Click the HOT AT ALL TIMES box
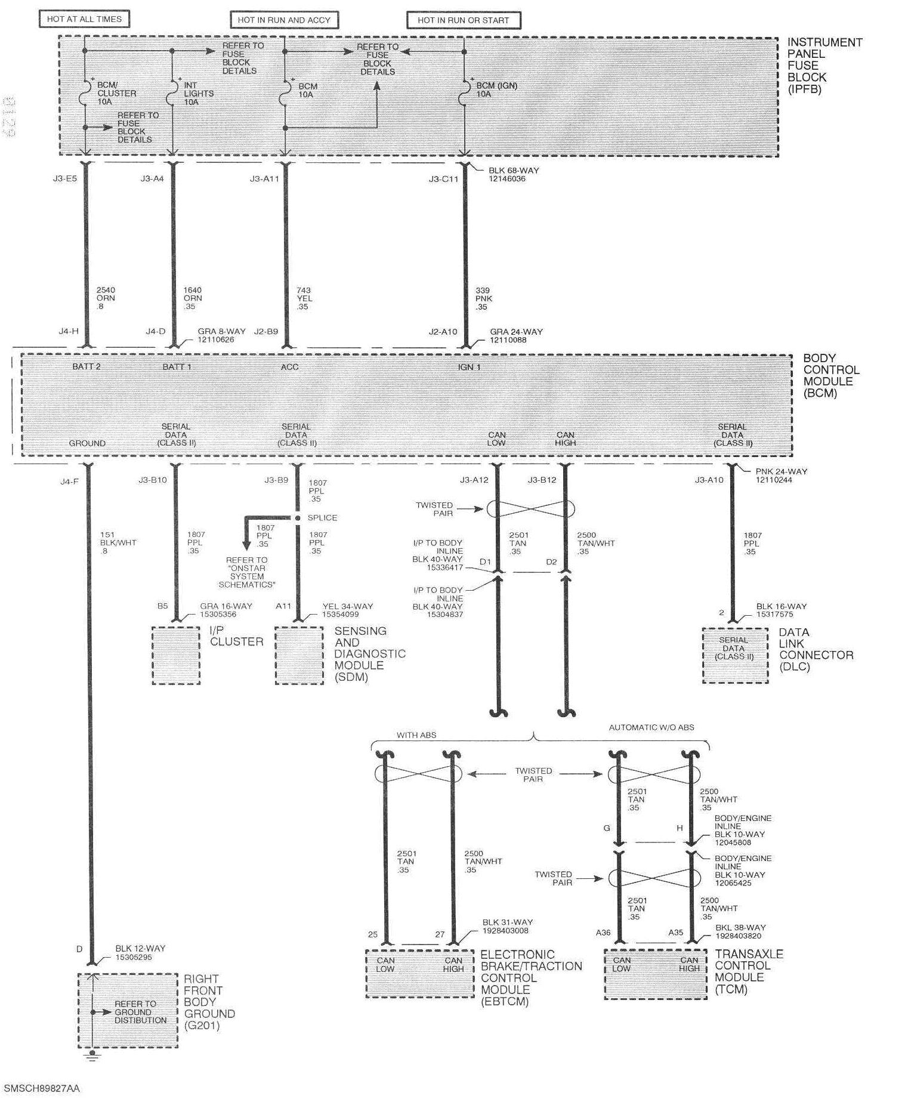click(x=84, y=19)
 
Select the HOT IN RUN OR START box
click(x=463, y=20)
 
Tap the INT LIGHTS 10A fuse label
click(x=198, y=94)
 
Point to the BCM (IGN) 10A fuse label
click(x=496, y=89)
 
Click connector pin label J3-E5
click(x=64, y=178)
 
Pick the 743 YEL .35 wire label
click(x=304, y=298)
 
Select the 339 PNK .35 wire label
click(x=483, y=298)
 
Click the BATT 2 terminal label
click(x=87, y=366)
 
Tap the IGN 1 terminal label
click(x=469, y=367)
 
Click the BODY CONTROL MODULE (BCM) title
click(x=830, y=375)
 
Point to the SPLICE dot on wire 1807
click(x=297, y=518)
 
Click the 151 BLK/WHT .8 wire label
click(x=118, y=543)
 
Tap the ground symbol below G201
click(x=91, y=1056)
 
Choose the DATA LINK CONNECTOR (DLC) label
click(x=816, y=649)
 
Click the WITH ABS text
click(x=416, y=735)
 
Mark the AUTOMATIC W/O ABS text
click(x=651, y=727)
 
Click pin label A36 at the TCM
click(x=603, y=932)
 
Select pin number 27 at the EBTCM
click(x=440, y=934)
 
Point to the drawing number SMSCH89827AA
click(x=42, y=1088)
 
